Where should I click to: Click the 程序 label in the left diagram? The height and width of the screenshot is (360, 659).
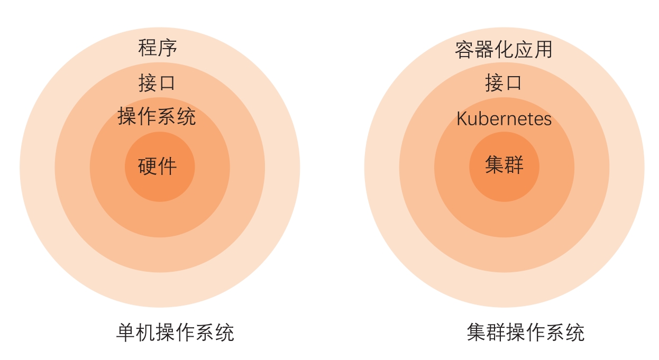(x=158, y=48)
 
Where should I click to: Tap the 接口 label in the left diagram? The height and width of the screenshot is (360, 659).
(x=157, y=83)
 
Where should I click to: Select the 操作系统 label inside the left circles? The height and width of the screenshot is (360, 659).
(x=157, y=116)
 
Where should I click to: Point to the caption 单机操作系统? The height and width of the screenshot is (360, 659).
(x=175, y=333)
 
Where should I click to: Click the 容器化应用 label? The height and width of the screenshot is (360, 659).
(x=504, y=50)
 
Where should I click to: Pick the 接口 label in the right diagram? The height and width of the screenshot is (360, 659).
(x=504, y=83)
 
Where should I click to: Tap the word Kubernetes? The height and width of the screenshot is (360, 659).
(x=504, y=119)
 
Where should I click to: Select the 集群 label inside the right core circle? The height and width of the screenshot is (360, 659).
(x=504, y=165)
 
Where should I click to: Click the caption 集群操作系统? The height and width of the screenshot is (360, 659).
(x=526, y=333)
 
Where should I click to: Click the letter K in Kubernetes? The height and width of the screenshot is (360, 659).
(x=462, y=119)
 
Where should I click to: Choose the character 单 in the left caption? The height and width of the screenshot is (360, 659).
(x=126, y=333)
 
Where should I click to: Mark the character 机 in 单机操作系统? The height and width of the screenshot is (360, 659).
(x=145, y=333)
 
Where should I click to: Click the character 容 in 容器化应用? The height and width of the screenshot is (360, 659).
(x=464, y=50)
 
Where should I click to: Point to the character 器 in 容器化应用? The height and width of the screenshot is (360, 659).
(x=484, y=50)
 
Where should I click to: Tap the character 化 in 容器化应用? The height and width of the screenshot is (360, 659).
(x=504, y=50)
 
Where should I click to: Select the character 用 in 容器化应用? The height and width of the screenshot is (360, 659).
(x=543, y=50)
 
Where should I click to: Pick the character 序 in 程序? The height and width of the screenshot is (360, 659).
(x=168, y=48)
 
